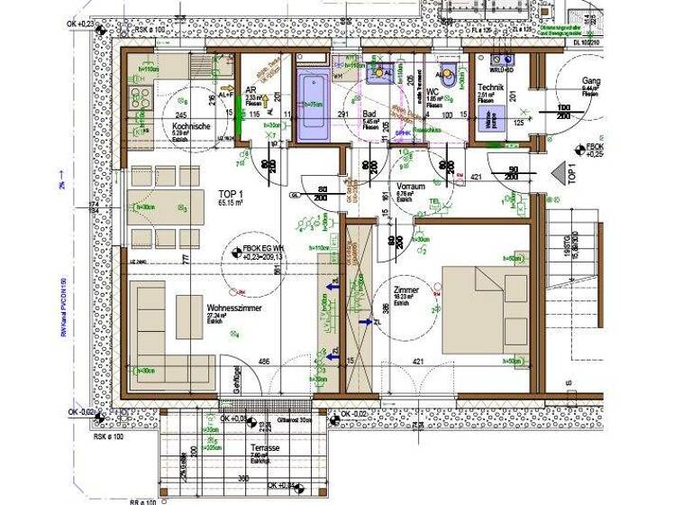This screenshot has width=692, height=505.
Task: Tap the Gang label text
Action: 590,80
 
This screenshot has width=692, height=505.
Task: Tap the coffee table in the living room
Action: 188,317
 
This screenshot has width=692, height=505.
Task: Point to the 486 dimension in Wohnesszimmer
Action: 265,362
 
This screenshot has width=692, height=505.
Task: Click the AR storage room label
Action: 253,91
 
